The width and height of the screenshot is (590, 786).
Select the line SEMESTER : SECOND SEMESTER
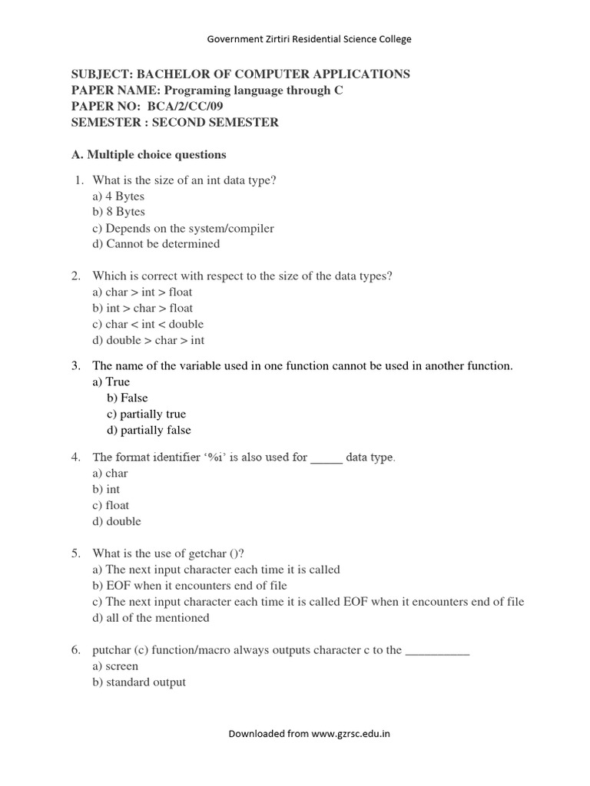click(x=175, y=123)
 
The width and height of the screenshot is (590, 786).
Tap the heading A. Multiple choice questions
click(x=149, y=155)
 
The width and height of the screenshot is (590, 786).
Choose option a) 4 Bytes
click(x=118, y=196)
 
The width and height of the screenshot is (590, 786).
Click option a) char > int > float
click(x=143, y=292)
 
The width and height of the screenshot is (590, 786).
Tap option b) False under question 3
click(x=128, y=398)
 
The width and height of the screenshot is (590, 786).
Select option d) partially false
click(x=149, y=430)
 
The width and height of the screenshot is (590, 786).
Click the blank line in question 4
click(x=326, y=458)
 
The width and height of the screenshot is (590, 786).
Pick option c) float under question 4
click(x=111, y=505)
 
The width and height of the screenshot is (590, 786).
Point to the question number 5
click(x=77, y=553)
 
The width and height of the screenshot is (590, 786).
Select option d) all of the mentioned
click(x=151, y=618)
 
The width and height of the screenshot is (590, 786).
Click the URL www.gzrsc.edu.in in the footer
click(x=351, y=734)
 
